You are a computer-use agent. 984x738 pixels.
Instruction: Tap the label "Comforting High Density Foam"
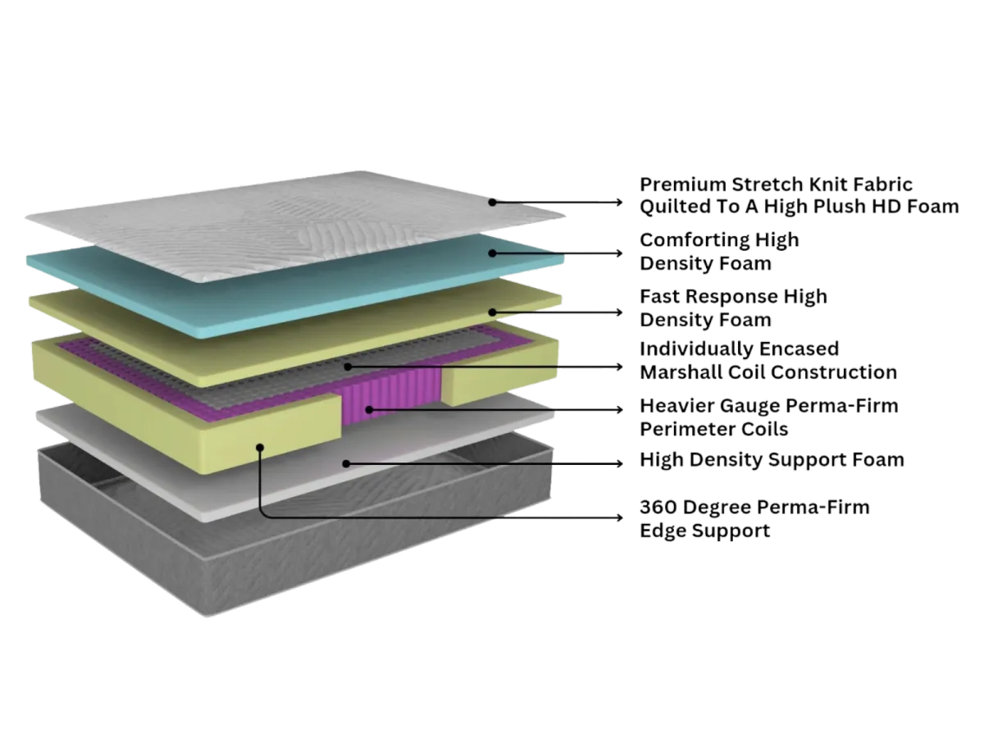click(x=718, y=252)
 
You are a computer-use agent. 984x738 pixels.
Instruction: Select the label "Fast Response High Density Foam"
click(x=733, y=307)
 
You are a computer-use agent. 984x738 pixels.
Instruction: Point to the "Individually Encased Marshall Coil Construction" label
click(x=768, y=361)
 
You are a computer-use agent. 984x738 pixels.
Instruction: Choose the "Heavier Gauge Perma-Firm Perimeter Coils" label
click(x=768, y=417)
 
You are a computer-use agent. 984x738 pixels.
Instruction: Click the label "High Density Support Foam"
click(x=772, y=461)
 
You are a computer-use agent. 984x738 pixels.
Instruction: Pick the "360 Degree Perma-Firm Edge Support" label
click(x=754, y=519)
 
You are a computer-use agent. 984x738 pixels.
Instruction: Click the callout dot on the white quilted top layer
click(x=493, y=200)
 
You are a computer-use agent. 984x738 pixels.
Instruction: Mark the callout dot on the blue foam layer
click(x=493, y=253)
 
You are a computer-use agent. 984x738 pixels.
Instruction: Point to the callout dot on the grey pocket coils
click(x=348, y=367)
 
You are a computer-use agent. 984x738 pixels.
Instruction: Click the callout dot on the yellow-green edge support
click(x=260, y=447)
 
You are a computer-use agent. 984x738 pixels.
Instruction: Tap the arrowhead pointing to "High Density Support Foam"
click(x=619, y=463)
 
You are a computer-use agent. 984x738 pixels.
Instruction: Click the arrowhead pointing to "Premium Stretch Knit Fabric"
click(x=619, y=200)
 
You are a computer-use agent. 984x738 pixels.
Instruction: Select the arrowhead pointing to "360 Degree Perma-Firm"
click(x=619, y=518)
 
